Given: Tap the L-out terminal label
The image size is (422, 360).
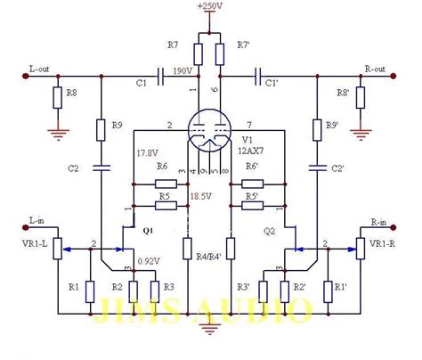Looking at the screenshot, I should pyautogui.click(x=42, y=68).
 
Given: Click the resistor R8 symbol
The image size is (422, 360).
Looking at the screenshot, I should pyautogui.click(x=58, y=98).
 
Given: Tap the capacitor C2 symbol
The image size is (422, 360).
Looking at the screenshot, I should pyautogui.click(x=101, y=167).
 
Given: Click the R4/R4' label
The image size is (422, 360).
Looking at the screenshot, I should pyautogui.click(x=209, y=259).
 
